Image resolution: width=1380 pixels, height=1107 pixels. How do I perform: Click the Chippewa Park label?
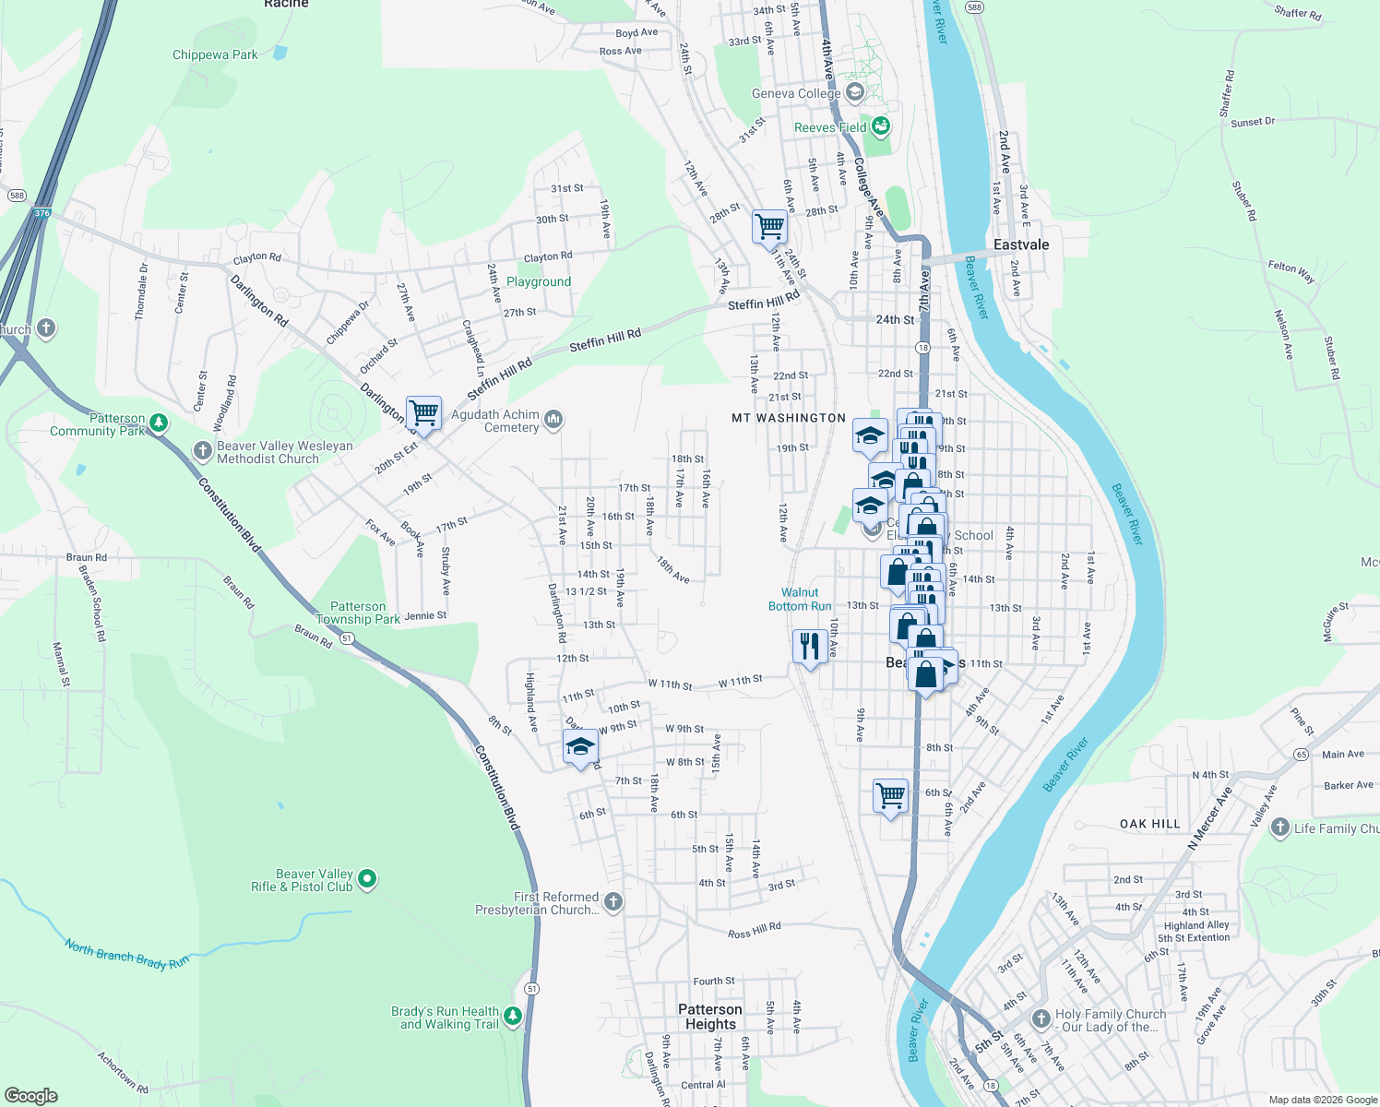[215, 55]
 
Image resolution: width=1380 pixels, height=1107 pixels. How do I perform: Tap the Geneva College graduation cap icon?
[855, 92]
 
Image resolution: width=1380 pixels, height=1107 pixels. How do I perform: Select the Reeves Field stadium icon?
[881, 126]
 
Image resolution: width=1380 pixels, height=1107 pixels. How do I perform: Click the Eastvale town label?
[1021, 245]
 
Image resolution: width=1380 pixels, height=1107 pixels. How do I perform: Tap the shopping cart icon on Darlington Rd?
[423, 411]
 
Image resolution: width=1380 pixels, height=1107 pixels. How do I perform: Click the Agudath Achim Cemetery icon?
[553, 421]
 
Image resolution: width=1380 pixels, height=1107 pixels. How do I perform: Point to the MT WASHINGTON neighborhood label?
[789, 419]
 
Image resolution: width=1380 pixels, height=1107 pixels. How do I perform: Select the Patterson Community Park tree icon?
[160, 423]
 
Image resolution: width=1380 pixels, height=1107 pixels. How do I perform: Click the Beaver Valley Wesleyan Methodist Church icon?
[203, 451]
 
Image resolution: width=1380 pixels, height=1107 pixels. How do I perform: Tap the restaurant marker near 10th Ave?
[809, 645]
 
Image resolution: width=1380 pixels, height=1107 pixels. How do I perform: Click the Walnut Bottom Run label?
[800, 600]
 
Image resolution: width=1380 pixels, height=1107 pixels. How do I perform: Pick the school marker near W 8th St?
[580, 745]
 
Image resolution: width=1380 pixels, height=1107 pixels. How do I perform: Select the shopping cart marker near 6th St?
[890, 794]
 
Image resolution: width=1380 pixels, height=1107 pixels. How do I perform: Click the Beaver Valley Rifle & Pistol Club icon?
[367, 879]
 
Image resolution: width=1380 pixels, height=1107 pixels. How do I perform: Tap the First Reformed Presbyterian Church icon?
[613, 902]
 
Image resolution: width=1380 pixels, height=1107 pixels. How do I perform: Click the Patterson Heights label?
[710, 1017]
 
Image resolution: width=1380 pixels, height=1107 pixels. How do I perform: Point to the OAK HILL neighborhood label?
[1149, 824]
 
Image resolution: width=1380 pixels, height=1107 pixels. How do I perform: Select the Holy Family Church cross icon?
[1041, 1019]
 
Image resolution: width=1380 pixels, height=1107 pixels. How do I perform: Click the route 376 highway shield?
[41, 214]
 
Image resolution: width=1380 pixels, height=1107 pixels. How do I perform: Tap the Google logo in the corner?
[30, 1096]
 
